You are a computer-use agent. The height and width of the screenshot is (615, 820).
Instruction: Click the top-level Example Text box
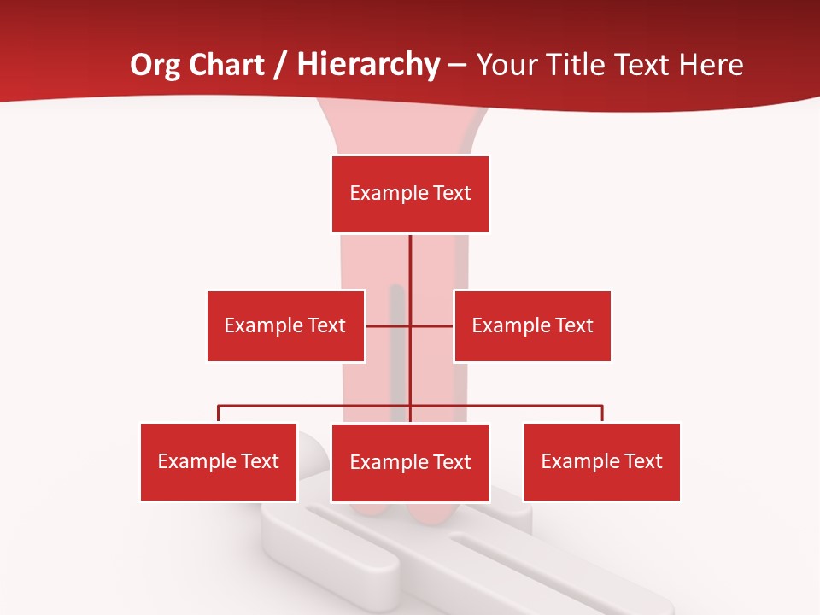(410, 194)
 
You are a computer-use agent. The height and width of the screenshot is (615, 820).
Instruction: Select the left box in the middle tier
(285, 325)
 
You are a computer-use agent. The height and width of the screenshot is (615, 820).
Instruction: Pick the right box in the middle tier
(532, 325)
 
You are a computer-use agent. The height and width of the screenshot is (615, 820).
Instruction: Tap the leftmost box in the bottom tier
(219, 462)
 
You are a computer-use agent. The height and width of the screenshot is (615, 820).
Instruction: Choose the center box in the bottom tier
(410, 463)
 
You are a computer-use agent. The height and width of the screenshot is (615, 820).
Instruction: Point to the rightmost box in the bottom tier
(601, 462)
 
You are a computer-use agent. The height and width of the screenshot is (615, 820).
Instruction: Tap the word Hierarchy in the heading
(368, 65)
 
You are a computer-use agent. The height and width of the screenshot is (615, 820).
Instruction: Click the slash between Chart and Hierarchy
(281, 65)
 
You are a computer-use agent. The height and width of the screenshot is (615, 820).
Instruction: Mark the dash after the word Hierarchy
(457, 66)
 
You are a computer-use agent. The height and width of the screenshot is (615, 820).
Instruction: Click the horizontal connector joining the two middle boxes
(410, 325)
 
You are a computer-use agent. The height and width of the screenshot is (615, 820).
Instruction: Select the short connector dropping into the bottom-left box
(219, 413)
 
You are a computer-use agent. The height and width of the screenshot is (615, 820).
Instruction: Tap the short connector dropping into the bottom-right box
(602, 413)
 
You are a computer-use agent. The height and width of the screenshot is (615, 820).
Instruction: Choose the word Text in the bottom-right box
(642, 462)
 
